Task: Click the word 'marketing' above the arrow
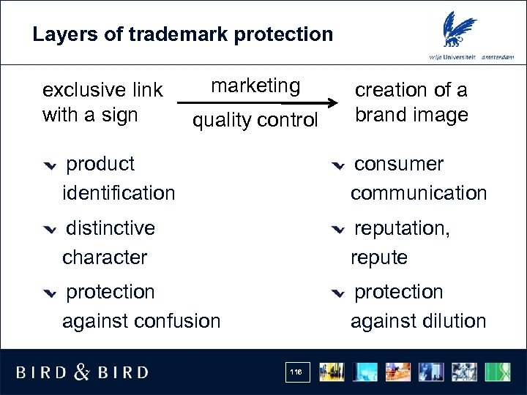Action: point(255,86)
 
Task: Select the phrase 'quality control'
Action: point(255,120)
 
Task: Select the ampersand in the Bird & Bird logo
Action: point(83,372)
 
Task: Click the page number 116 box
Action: point(296,372)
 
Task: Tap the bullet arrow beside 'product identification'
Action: point(49,165)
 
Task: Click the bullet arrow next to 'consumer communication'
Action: point(337,165)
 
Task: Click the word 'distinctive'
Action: point(111,228)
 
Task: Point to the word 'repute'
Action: point(378,257)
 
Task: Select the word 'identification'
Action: point(119,193)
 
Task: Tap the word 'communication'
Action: point(418,193)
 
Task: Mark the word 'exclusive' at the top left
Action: point(83,90)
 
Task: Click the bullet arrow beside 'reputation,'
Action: point(337,230)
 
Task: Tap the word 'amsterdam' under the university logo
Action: point(497,57)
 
